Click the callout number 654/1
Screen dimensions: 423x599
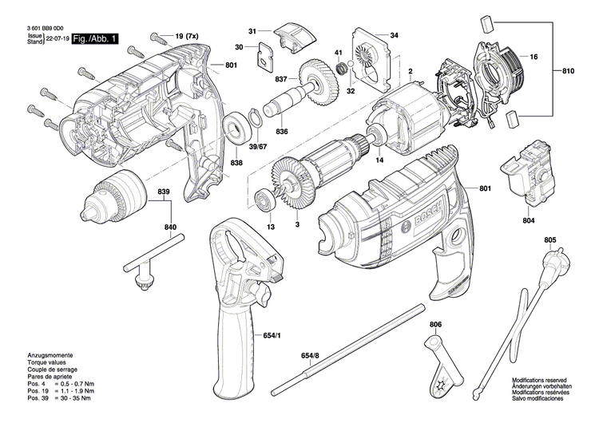pos(273,336)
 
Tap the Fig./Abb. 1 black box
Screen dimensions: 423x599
pos(94,38)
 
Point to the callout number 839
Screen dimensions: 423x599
pos(165,192)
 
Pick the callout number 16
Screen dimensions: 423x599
pos(534,58)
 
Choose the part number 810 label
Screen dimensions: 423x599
pos(568,72)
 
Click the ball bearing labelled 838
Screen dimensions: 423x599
pos(237,128)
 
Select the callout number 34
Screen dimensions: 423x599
pos(394,35)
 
